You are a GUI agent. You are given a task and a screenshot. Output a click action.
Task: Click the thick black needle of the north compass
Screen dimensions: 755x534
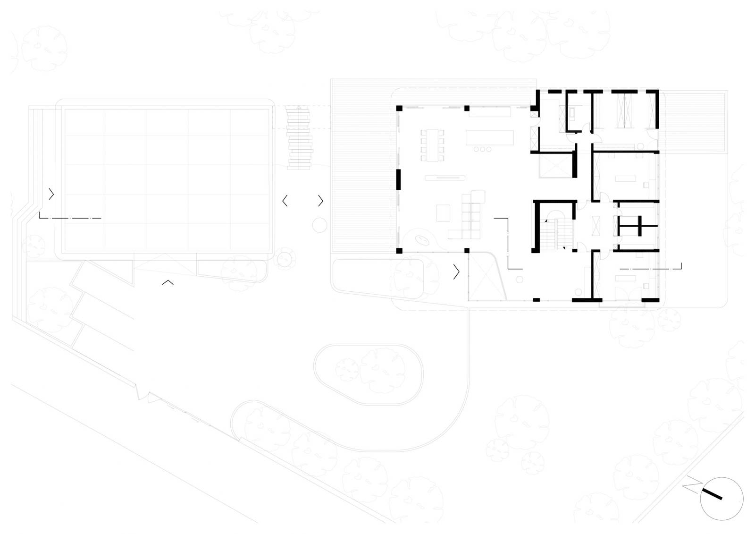point(712,494)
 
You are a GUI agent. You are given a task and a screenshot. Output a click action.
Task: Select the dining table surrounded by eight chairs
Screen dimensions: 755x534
point(432,145)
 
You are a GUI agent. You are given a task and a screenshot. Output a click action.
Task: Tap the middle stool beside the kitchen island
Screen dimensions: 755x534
point(482,149)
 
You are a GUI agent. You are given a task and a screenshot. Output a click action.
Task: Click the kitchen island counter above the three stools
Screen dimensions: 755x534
point(490,137)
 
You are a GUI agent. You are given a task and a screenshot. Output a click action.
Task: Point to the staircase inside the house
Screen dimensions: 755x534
point(556,234)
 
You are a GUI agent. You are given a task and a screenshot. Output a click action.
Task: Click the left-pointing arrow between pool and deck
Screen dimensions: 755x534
point(285,201)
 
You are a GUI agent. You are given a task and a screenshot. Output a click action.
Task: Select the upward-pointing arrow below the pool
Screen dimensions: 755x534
point(168,282)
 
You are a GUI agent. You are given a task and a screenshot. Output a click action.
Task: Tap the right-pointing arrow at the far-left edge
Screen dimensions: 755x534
point(51,194)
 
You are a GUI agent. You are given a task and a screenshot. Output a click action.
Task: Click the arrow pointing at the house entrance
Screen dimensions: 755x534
point(456,271)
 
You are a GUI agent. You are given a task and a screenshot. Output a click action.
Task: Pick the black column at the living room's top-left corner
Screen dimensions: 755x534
point(399,108)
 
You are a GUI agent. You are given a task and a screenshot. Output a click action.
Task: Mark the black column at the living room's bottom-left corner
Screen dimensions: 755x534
point(399,251)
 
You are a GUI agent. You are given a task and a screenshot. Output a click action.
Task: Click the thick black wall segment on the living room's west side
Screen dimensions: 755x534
point(398,179)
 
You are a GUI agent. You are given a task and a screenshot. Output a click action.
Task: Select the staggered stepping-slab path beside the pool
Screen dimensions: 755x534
point(299,138)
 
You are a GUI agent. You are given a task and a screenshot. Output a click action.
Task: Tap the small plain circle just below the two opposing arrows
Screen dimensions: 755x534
point(319,225)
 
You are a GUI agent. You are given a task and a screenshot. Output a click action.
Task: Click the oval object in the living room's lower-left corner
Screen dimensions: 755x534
point(422,240)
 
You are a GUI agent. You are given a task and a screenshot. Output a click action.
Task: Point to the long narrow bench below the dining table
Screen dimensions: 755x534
point(445,178)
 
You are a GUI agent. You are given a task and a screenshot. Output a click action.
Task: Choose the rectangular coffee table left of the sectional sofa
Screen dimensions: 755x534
point(443,213)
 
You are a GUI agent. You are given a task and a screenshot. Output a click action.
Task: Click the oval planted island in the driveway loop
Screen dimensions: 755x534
point(369,374)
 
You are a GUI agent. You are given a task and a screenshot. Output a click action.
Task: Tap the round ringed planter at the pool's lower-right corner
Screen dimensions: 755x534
point(285,259)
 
